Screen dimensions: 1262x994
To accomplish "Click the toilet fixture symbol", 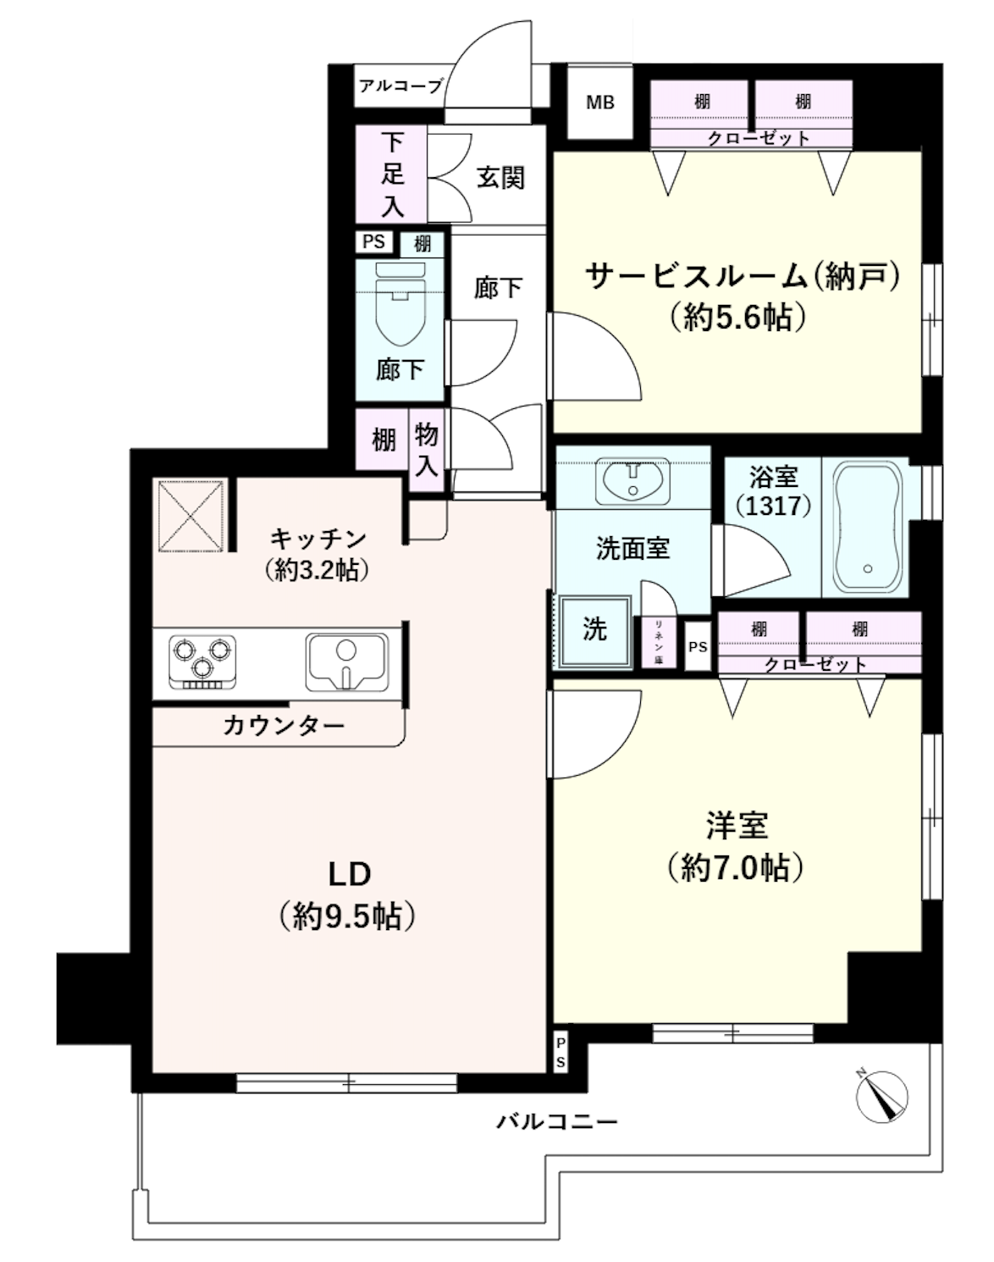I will click(400, 309).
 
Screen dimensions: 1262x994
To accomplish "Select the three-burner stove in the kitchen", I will click(202, 660).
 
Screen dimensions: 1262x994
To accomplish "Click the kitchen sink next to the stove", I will click(346, 661).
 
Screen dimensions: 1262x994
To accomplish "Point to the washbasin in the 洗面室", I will click(632, 480).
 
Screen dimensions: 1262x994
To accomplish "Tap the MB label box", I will click(600, 103).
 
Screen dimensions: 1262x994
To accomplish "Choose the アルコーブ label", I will click(400, 86).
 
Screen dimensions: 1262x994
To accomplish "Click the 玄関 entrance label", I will click(500, 177).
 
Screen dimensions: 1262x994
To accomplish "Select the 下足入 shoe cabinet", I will click(391, 174).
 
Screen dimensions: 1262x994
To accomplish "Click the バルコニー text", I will click(557, 1122).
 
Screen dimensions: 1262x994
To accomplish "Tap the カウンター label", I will click(284, 726).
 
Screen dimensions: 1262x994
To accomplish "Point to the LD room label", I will click(349, 873).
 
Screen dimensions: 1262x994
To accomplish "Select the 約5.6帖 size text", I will click(738, 317).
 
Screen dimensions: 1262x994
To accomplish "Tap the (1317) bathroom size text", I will click(773, 506).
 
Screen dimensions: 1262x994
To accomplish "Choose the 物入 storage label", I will click(426, 450).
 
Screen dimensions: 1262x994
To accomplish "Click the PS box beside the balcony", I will click(561, 1052).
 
